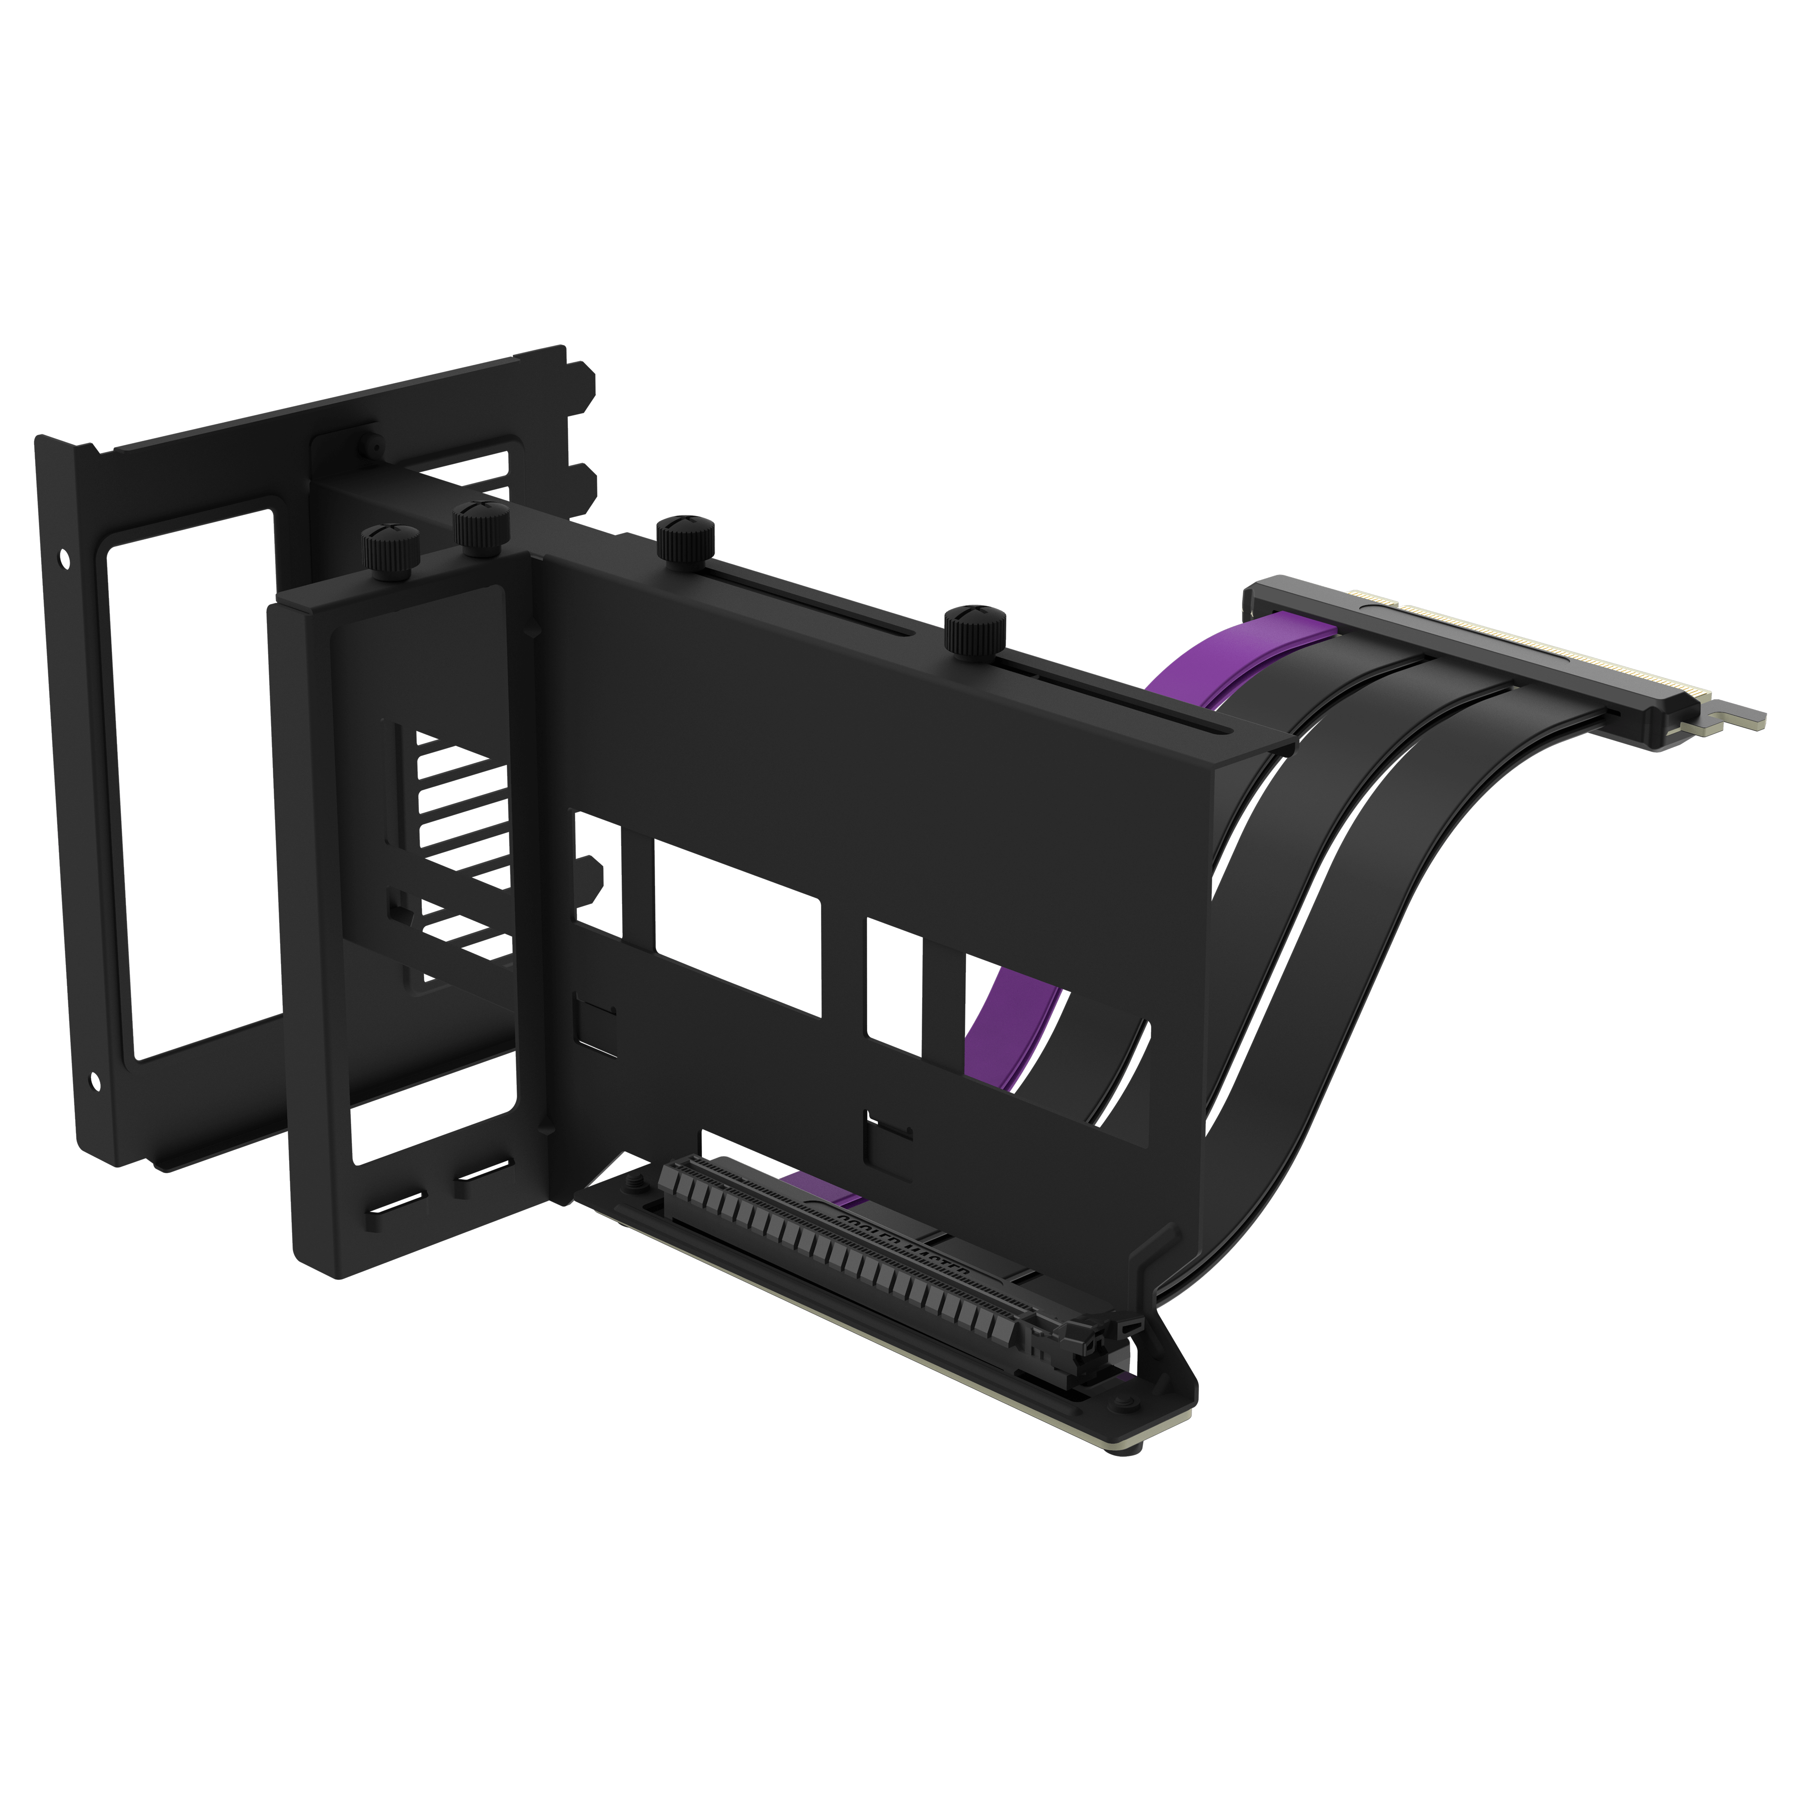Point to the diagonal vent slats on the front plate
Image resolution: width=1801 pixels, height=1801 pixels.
tap(457, 839)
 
